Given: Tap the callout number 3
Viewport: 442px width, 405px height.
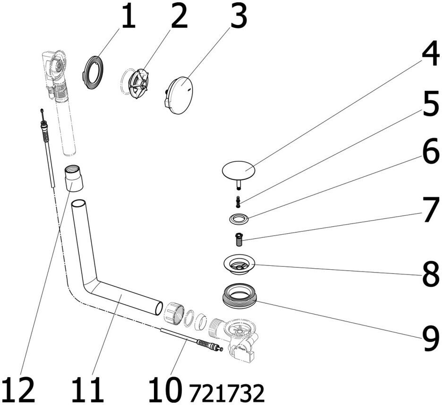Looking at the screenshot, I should point(238,18).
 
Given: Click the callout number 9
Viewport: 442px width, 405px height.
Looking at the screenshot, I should point(429,337).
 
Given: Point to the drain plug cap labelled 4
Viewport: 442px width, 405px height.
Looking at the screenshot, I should point(238,169).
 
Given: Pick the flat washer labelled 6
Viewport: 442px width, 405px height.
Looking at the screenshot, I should point(239,219).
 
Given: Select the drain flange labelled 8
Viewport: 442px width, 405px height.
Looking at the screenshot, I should point(239,264).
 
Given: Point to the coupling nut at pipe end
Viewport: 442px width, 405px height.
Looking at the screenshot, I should point(174,313).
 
